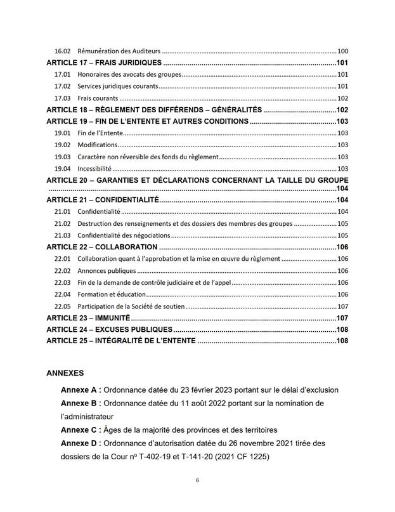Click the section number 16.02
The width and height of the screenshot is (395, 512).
coord(62,51)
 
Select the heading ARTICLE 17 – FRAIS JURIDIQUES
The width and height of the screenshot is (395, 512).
coord(105,63)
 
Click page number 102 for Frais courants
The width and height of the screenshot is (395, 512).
coord(342,98)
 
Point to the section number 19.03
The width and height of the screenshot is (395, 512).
coord(62,157)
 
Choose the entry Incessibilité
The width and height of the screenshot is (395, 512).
coord(94,169)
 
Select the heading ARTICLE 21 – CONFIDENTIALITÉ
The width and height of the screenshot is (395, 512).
coord(101,200)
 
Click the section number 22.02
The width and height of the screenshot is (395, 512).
coord(62,271)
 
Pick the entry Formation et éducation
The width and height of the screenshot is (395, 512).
coord(112,294)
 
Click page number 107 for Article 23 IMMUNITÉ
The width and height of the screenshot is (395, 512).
coord(342,317)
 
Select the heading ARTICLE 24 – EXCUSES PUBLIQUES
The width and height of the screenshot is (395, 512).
coord(109,329)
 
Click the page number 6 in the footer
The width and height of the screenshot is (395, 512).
coord(198,480)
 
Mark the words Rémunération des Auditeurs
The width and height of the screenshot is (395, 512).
coord(119,51)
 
